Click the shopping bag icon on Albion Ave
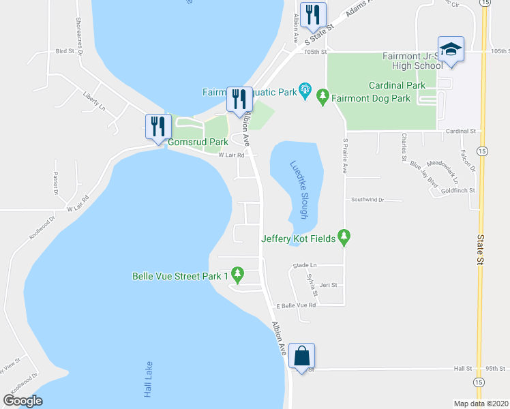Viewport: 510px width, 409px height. tap(301, 355)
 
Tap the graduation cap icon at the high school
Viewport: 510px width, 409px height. tap(451, 49)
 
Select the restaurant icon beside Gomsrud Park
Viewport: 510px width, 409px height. tap(156, 125)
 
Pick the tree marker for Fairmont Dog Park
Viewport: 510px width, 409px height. tap(324, 98)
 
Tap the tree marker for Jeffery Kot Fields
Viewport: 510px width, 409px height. tap(345, 238)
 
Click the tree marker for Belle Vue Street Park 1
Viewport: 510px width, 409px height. tap(237, 275)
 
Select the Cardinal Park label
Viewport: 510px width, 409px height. tap(397, 85)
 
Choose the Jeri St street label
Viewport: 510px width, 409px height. tap(329, 285)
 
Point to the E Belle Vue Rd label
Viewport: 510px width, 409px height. tap(295, 305)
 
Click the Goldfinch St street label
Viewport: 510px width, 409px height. tap(457, 191)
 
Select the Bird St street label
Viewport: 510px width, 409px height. tap(64, 51)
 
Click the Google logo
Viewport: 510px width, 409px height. tap(22, 401)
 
